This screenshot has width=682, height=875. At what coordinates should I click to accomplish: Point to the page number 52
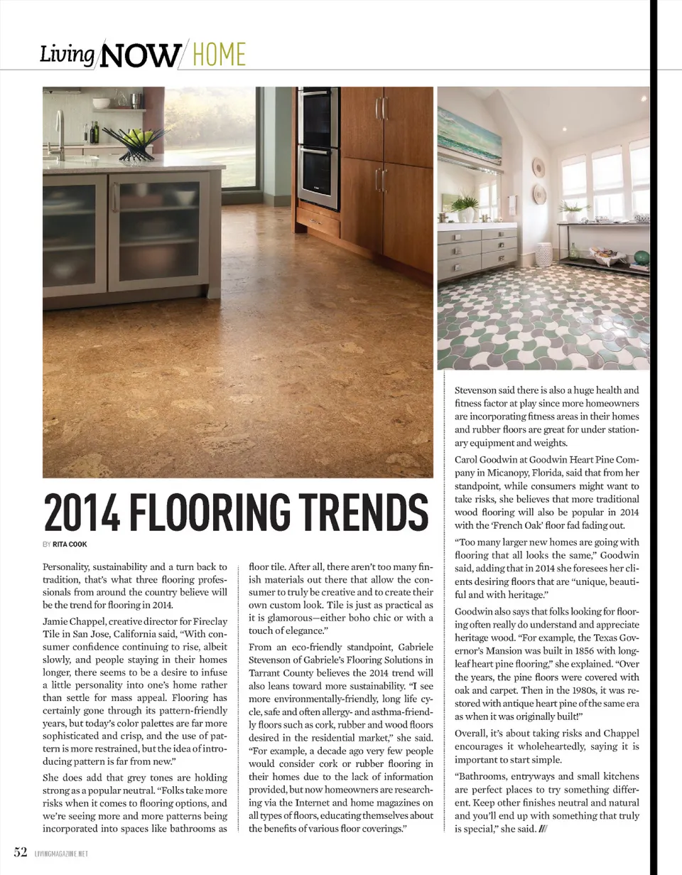point(21,852)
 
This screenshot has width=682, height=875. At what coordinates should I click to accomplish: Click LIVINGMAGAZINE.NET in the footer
point(61,853)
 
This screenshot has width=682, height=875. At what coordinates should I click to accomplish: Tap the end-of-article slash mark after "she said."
point(543,830)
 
